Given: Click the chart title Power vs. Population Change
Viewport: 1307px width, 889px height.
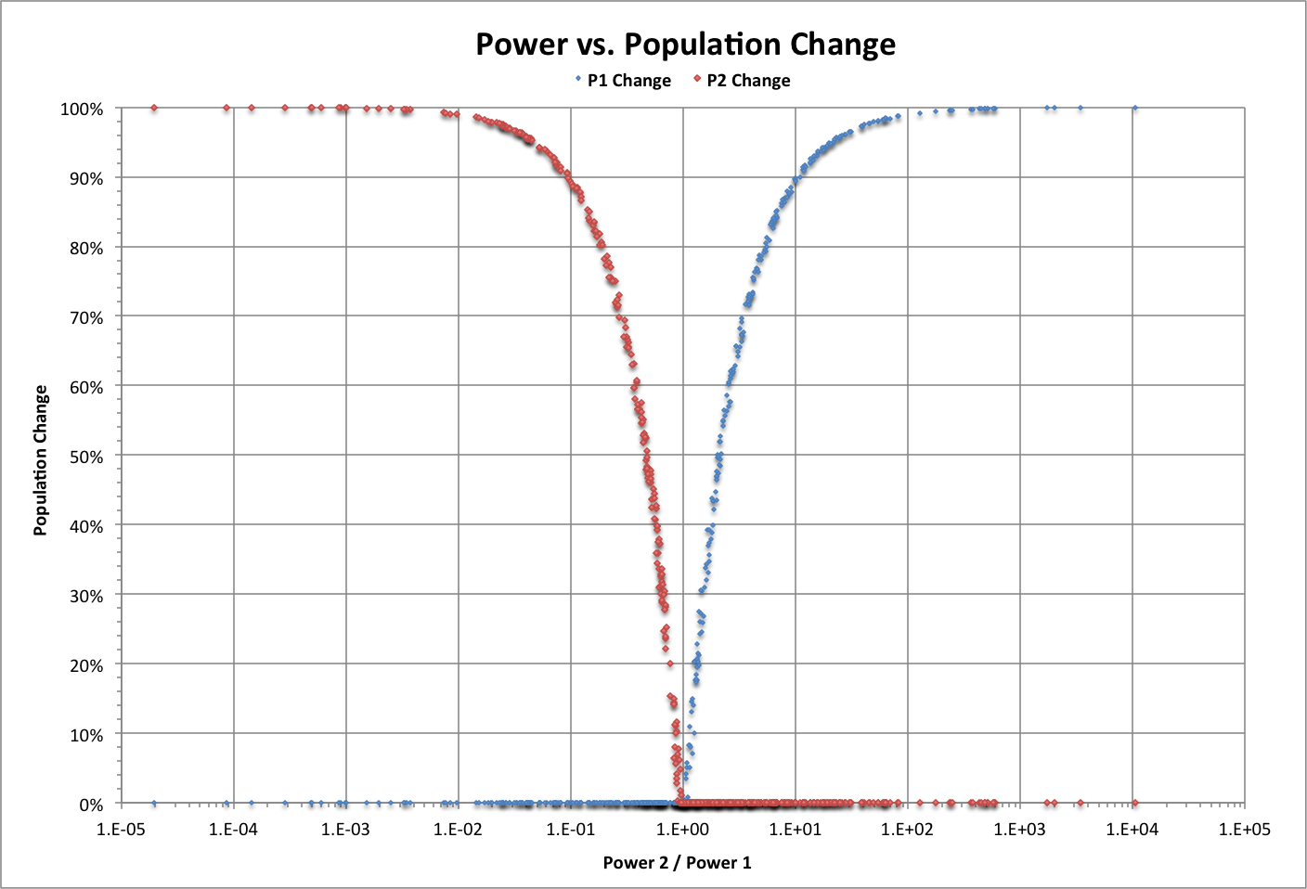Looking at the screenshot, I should coord(685,45).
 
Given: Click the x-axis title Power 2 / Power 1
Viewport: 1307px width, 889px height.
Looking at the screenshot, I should coord(677,863).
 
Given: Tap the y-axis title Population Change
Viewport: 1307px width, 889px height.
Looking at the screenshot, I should coord(41,460).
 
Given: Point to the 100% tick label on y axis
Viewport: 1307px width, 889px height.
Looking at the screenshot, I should coord(83,110).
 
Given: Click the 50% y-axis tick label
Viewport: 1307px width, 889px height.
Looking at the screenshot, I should coord(85,457).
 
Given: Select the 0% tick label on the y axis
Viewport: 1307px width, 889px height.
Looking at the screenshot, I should coord(90,805).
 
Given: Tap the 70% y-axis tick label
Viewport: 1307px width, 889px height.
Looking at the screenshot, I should coord(85,317).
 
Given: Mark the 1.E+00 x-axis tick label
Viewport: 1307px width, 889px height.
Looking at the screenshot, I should coord(683,829).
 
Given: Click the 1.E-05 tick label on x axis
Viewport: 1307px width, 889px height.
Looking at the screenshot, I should coord(122,829).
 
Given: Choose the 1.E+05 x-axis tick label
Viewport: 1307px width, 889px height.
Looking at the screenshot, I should coord(1244,829).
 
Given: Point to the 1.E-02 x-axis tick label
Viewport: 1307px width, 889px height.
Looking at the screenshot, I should coord(458,829).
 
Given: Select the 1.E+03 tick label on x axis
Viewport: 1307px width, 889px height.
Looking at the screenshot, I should coord(1019,829).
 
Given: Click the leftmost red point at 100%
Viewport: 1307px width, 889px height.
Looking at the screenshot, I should coord(154,109).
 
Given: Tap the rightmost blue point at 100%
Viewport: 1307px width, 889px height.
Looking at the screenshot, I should coord(1134,109).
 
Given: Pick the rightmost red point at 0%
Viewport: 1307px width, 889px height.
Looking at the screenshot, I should coord(1134,804).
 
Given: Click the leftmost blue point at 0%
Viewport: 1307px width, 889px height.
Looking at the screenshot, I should coord(154,804).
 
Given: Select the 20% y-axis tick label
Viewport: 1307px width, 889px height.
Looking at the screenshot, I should coord(85,665).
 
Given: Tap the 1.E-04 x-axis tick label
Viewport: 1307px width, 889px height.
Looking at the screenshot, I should coord(234,829).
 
